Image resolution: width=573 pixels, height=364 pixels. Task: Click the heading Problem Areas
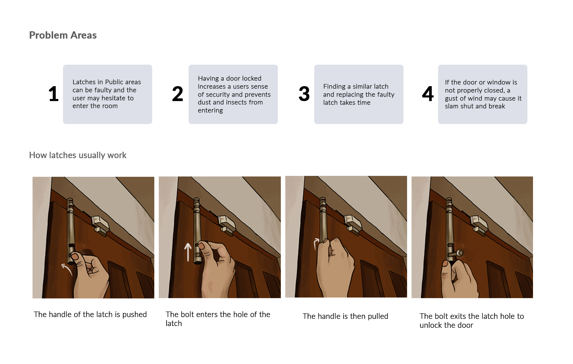pyautogui.click(x=63, y=35)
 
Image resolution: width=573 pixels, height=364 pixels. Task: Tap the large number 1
pyautogui.click(x=54, y=94)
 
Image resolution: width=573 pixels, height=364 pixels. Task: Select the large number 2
pyautogui.click(x=178, y=94)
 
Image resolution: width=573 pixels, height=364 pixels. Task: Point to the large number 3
pyautogui.click(x=304, y=94)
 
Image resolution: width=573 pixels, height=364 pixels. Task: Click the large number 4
pyautogui.click(x=428, y=94)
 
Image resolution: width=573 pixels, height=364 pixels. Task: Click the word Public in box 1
pyautogui.click(x=114, y=82)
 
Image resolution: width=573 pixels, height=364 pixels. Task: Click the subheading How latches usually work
pyautogui.click(x=78, y=155)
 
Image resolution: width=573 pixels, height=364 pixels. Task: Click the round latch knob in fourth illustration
pyautogui.click(x=460, y=253)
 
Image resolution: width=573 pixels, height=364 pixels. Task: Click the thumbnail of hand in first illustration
pyautogui.click(x=75, y=256)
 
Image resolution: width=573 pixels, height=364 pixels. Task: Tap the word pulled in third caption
pyautogui.click(x=378, y=316)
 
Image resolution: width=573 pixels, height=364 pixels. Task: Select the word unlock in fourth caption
pyautogui.click(x=430, y=325)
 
